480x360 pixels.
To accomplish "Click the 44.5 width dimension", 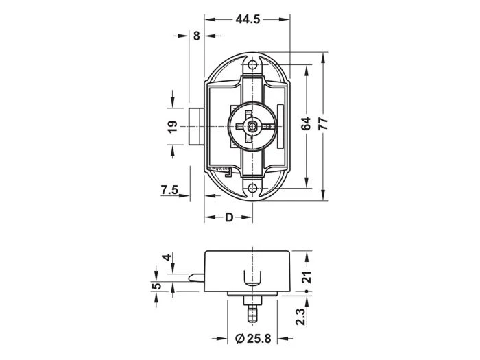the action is (x=248, y=19).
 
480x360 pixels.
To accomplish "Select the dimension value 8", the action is (x=196, y=36).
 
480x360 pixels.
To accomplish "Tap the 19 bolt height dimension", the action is (x=173, y=126).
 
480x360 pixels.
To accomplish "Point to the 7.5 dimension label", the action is (x=169, y=190).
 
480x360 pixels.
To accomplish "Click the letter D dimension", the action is (x=229, y=217).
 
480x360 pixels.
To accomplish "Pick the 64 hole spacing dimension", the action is (x=306, y=123).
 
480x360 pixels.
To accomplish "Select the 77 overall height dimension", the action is (x=323, y=123).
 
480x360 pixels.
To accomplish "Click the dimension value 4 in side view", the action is (x=167, y=257).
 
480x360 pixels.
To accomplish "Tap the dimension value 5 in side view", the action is (x=156, y=286).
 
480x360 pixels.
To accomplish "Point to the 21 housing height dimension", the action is (x=307, y=277).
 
